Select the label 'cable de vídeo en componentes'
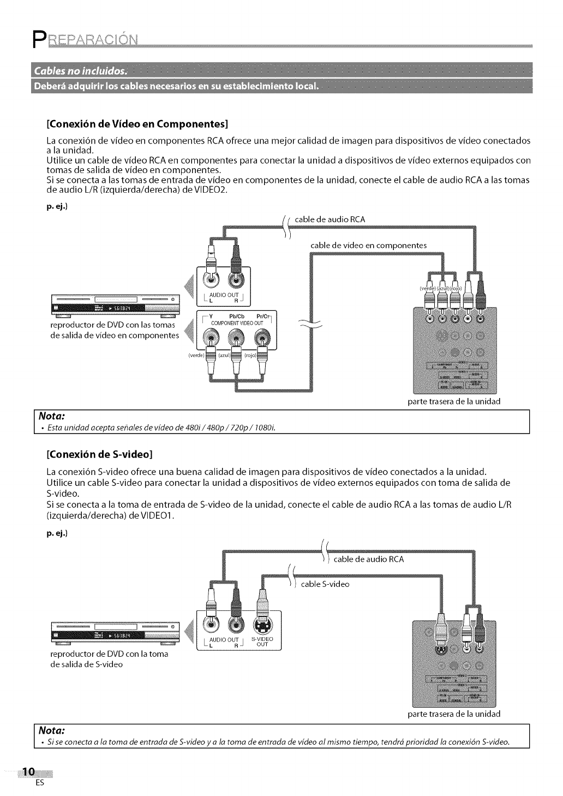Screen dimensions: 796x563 point(368,245)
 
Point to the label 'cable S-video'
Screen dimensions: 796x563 point(325,584)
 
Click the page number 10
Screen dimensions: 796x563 point(27,771)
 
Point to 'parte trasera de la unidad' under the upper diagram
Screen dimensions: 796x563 point(454,401)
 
